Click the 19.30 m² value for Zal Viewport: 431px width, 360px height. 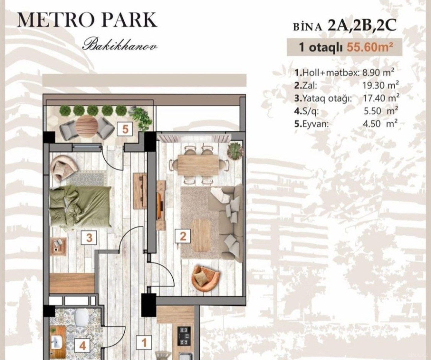[380, 85]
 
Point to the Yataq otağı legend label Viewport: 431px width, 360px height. [323, 99]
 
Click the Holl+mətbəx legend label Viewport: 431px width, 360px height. [328, 73]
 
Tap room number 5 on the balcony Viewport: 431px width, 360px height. [125, 130]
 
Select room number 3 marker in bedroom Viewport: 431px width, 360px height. [89, 238]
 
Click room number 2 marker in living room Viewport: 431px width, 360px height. [183, 236]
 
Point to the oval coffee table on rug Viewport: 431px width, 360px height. [202, 235]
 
